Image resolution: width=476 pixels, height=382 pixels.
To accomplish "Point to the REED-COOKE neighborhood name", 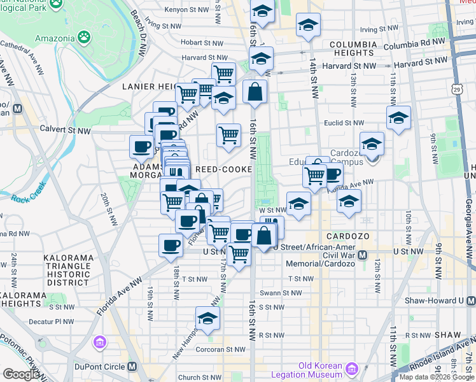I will pos(223,169).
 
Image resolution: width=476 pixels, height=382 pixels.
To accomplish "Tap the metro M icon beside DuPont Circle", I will pos(132,367).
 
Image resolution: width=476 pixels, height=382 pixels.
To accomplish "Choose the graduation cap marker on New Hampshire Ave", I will pos(207,317).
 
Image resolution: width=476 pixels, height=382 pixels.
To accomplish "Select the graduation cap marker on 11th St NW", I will pos(398,118).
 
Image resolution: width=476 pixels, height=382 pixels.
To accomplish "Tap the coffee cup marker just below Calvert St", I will pos(141,147).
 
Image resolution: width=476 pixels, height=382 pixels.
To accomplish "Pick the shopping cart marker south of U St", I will pos(239,254).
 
